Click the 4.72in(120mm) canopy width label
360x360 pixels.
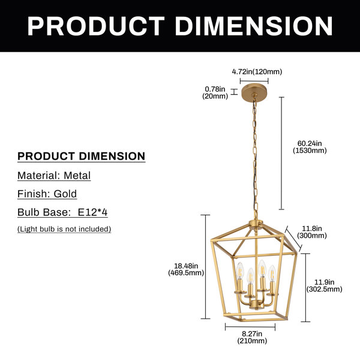(257, 72)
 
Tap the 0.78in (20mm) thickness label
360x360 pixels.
(215, 92)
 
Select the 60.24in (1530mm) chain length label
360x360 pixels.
(310, 147)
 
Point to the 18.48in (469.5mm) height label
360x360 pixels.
(186, 269)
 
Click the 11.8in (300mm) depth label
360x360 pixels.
(312, 232)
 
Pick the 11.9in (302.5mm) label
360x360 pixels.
(324, 286)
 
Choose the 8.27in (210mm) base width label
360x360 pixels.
(252, 337)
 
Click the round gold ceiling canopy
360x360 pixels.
(254, 92)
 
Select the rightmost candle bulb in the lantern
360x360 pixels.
(272, 273)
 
